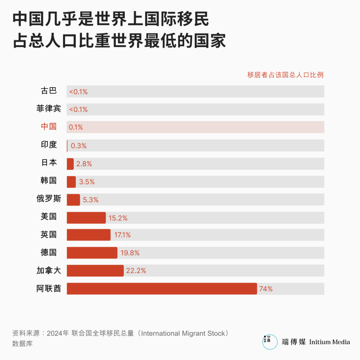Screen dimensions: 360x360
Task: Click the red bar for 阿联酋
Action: pos(162,289)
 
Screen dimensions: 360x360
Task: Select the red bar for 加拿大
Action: pos(95,271)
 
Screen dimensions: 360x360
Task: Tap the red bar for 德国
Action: pos(92,253)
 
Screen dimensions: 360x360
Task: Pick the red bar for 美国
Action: pos(86,218)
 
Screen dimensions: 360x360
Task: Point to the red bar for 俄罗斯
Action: pos(73,200)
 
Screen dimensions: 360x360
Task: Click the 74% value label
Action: pos(266,289)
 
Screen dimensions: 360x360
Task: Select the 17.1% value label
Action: pos(122,235)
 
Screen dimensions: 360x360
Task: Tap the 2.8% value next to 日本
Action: pos(84,164)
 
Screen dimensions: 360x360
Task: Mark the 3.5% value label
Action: pos(87,182)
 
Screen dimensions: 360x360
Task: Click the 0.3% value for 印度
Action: pos(79,146)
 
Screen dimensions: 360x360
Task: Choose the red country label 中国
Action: pos(49,127)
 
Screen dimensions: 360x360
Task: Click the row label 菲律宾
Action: pos(49,109)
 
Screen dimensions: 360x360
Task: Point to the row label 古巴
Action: pos(49,91)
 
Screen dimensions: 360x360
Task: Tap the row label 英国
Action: pos(49,234)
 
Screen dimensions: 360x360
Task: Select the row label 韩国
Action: pos(49,181)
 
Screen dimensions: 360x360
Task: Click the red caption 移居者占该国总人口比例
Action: pos(285,75)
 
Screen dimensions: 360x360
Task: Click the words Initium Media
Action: pos(329,342)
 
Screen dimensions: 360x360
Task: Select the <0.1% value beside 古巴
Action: pos(78,92)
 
